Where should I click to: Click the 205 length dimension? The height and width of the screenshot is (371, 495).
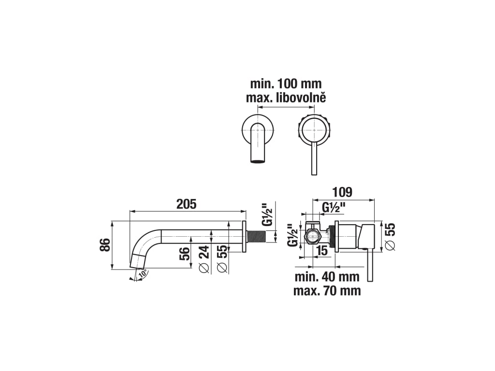[x=186, y=204]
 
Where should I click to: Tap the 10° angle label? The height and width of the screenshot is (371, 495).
[x=143, y=273]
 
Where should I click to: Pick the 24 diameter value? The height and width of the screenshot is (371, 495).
[x=204, y=255]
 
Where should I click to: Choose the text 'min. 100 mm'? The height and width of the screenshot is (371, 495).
[x=286, y=84]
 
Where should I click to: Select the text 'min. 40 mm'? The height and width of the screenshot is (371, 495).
[x=327, y=277]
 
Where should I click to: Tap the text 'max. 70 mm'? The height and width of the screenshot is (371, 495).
[x=327, y=291]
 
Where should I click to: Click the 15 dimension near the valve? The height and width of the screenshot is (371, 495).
[x=322, y=251]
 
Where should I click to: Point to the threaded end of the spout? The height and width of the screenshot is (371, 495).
[x=257, y=237]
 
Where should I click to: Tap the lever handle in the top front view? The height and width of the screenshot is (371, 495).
[x=313, y=158]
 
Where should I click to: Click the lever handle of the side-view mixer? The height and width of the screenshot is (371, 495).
[x=371, y=265]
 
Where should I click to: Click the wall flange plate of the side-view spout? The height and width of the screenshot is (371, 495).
[x=244, y=237]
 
